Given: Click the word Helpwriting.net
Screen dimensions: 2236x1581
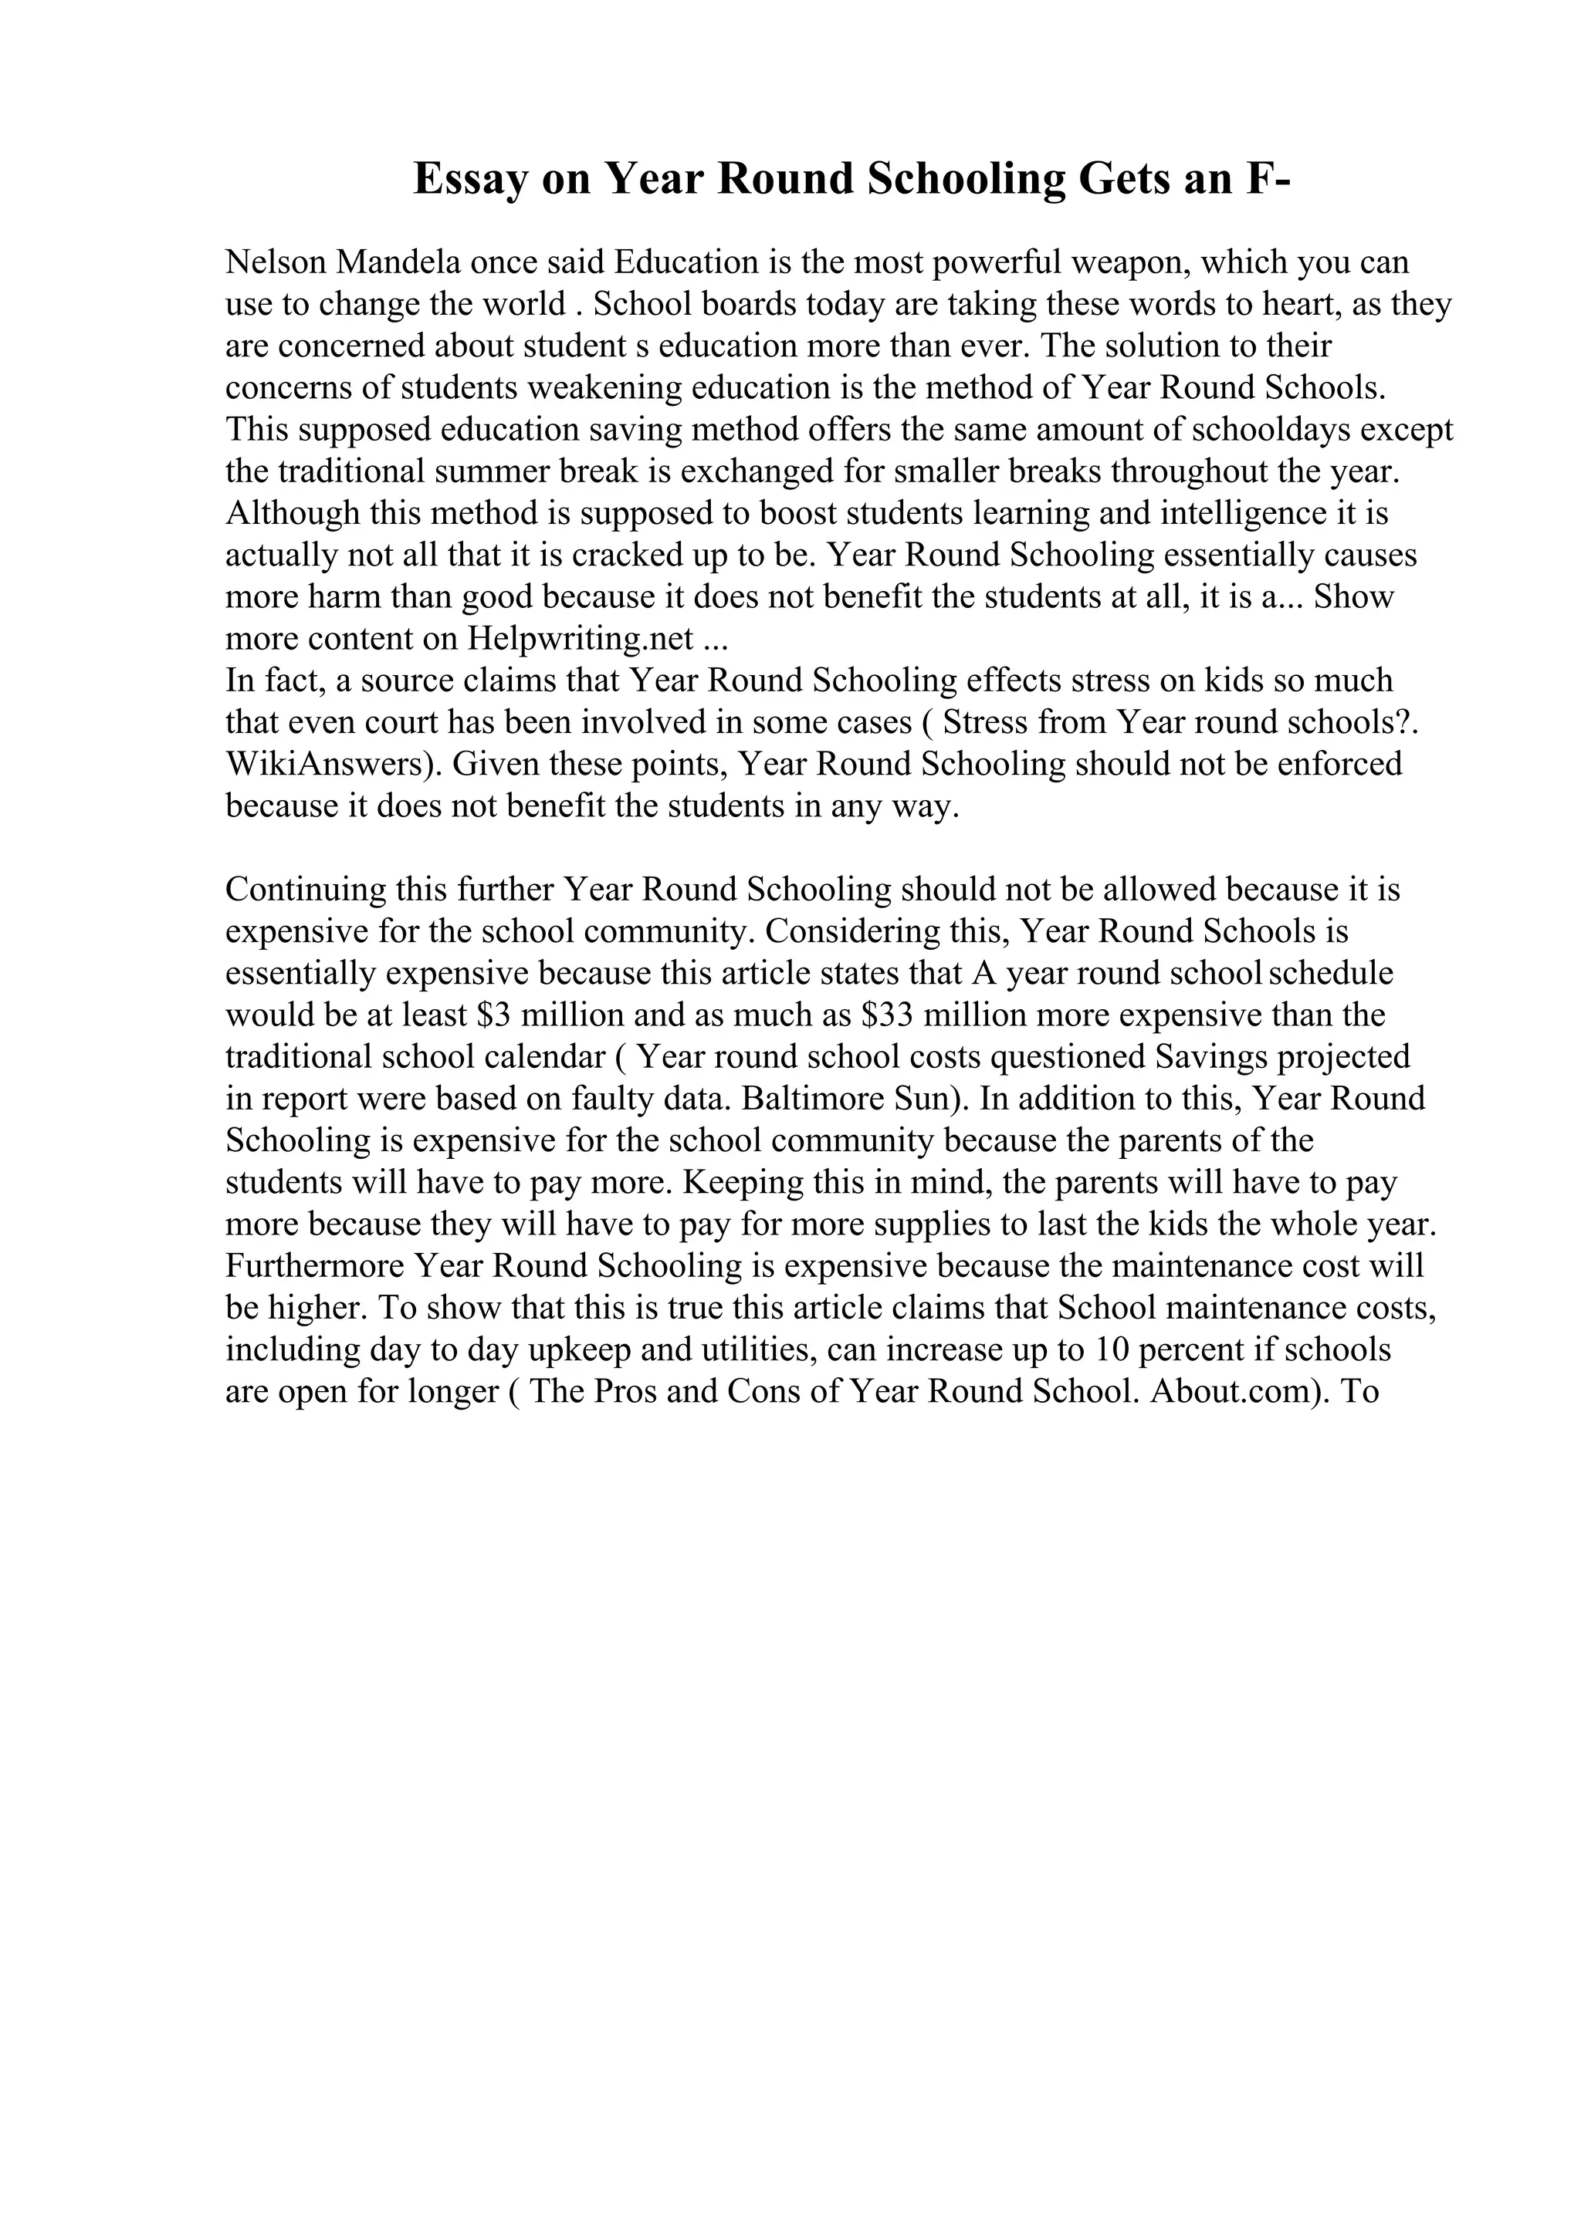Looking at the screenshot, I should tap(581, 639).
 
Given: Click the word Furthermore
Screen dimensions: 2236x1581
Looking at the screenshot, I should tap(315, 1266).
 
